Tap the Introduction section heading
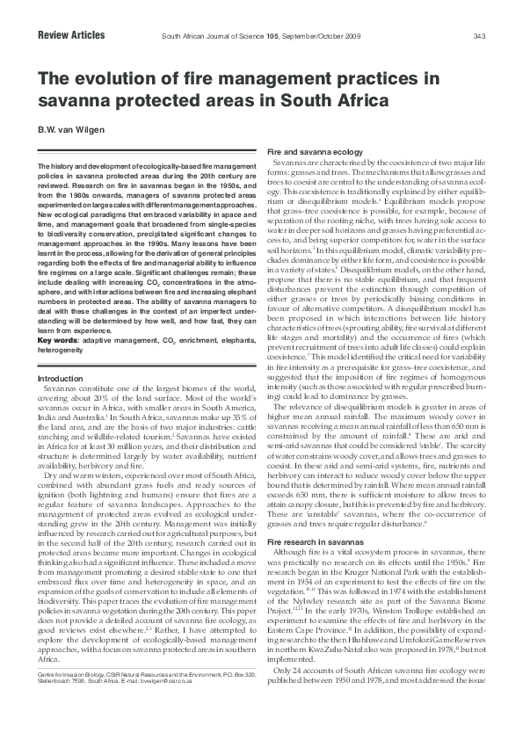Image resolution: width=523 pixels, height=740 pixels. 61,379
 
